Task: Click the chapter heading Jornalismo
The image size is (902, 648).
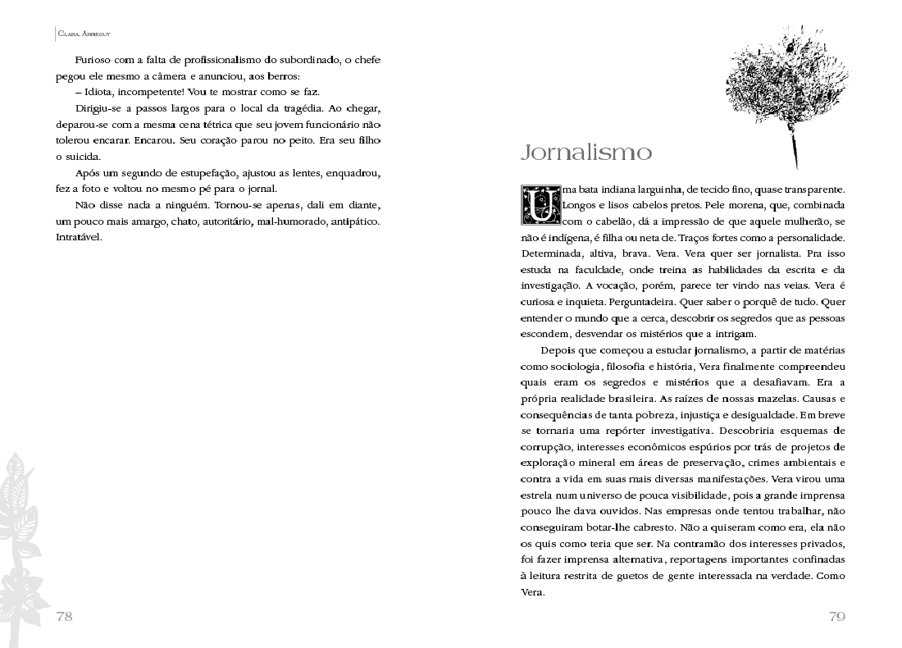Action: [x=586, y=153]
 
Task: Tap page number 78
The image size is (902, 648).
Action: [x=64, y=617]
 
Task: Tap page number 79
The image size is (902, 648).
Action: [x=836, y=617]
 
